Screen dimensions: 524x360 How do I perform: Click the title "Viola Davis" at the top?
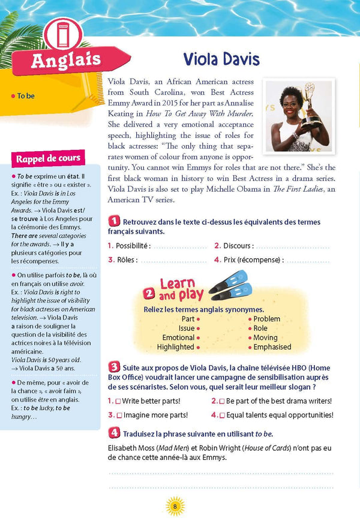pyautogui.click(x=221, y=59)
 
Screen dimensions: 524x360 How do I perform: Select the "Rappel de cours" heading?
pyautogui.click(x=48, y=159)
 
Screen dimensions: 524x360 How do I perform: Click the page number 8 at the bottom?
pyautogui.click(x=175, y=507)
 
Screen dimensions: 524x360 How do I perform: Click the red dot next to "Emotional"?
pyautogui.click(x=198, y=338)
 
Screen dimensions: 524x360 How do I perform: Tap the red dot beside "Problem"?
pyautogui.click(x=250, y=319)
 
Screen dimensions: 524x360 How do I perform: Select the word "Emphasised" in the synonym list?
pyautogui.click(x=272, y=347)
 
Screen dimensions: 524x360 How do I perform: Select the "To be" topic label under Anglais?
pyautogui.click(x=25, y=96)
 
